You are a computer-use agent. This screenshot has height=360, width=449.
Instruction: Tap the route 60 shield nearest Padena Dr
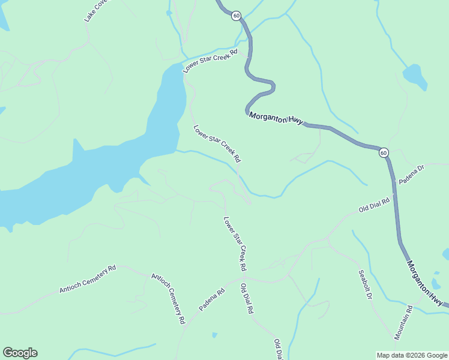(384, 152)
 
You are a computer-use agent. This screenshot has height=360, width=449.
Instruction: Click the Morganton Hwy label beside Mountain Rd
(427, 283)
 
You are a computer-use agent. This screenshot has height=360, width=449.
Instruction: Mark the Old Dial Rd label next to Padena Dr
(374, 205)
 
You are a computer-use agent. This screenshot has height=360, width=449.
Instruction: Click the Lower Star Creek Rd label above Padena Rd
(235, 242)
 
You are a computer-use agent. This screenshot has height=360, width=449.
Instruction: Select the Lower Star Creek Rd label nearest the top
(211, 61)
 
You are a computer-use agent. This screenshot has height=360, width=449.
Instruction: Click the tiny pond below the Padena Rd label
(215, 335)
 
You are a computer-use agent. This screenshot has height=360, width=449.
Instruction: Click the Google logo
(20, 353)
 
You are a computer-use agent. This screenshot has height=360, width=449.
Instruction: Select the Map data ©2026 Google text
(412, 355)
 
